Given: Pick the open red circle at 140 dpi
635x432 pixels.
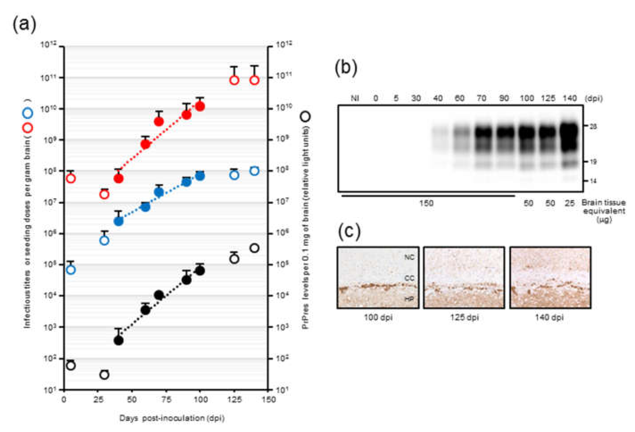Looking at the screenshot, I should point(254,80).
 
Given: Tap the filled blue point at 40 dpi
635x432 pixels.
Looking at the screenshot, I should point(118,221).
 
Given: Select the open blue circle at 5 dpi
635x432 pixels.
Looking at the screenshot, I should point(71,270).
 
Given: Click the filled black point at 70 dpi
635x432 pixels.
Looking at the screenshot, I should point(159,295).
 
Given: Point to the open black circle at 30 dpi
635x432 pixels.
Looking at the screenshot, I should point(104,375).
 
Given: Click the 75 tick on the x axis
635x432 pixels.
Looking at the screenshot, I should point(166,399).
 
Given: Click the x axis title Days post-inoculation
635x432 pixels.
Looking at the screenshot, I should point(172,418).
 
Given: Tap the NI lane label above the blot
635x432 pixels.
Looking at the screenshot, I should point(355,98).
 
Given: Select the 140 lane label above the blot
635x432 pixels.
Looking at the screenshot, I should point(569,98).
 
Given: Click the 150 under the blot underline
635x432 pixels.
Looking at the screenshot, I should point(426,203).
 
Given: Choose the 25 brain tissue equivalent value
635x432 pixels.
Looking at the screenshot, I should point(569,203).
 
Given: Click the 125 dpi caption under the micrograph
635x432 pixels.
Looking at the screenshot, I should point(464,318).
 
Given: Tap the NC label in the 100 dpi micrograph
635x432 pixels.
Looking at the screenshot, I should point(409,257).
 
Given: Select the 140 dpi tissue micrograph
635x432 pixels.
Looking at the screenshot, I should point(550,278).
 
